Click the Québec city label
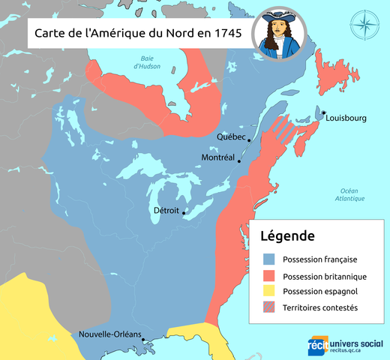pos(230,136)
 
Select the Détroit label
pos(166,211)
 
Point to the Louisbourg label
pos(346,118)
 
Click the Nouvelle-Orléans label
pos(110,335)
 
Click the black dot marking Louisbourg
pos(323,112)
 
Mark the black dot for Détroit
pos(182,211)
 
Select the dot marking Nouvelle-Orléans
pos(144,341)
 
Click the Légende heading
pos(287,235)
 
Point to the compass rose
pos(364,26)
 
